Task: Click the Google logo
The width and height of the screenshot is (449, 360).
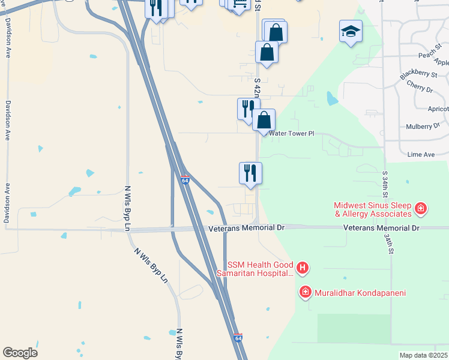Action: pos(20,353)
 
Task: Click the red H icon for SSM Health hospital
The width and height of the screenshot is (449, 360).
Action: pos(303,267)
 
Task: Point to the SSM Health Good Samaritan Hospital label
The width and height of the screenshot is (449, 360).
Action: pos(261,269)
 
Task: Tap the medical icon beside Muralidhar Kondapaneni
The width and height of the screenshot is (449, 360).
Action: pos(306,292)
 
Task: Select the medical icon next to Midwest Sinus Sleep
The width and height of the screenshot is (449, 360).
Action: pos(421,209)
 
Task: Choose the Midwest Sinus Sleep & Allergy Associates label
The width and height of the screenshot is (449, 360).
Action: pos(373,209)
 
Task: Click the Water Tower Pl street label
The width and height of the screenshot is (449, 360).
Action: pos(292,134)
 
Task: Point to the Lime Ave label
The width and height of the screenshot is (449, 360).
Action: pos(421,154)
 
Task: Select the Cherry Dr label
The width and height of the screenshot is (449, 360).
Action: pos(420,89)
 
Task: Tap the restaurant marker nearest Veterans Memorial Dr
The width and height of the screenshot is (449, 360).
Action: pos(250,173)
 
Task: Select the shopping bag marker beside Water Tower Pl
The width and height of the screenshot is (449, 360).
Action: pos(264,120)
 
